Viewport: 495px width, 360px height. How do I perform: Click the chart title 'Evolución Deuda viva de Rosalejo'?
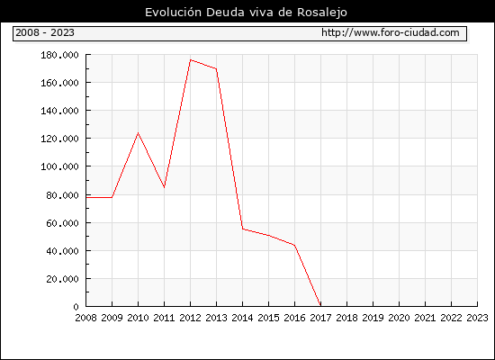pos(246,13)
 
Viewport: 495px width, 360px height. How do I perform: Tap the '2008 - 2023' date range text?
pos(45,32)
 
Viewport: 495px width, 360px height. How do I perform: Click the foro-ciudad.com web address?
pos(391,32)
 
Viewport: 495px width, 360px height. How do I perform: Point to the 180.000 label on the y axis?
pos(59,55)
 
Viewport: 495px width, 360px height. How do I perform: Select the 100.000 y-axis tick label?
pos(59,166)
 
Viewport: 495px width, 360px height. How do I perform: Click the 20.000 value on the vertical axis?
pos(62,279)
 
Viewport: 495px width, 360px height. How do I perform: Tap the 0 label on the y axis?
pos(76,307)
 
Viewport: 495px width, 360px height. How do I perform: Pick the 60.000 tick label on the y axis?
pos(62,223)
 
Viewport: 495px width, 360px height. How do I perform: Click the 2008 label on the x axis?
pos(85,318)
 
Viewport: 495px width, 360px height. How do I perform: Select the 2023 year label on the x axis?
pos(477,318)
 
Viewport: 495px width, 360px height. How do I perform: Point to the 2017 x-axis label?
pos(320,318)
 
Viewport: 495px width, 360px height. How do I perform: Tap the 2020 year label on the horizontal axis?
pos(399,318)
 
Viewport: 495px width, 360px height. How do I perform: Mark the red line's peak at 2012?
pos(191,59)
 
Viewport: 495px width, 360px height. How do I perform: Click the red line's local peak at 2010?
pos(138,133)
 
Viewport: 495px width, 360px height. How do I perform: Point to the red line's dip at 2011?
pos(164,187)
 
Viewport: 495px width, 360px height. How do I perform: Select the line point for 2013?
pos(216,68)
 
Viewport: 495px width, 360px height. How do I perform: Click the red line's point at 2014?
pos(242,229)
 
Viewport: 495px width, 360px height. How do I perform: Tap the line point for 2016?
pos(294,245)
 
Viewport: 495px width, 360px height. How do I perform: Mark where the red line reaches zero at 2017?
pos(320,306)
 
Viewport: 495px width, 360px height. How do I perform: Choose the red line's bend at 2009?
pos(112,197)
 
